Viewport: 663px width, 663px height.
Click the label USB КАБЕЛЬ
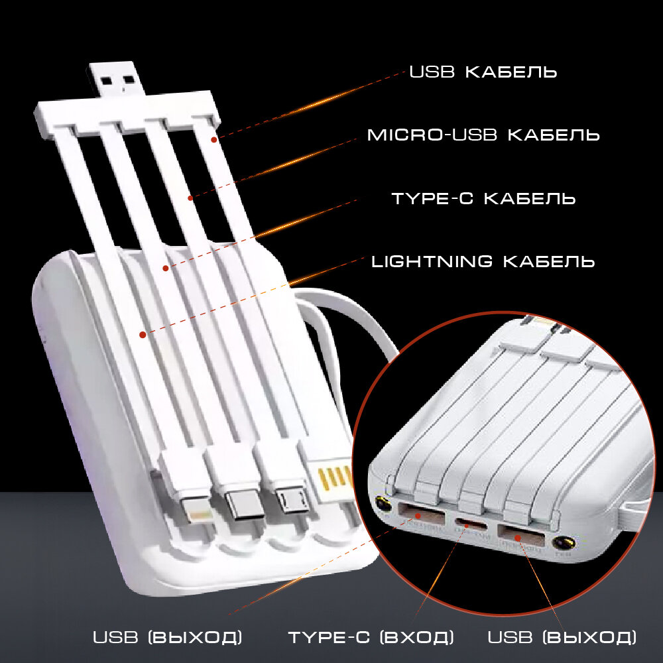tap(483, 72)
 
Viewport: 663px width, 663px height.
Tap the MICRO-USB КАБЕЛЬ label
tap(483, 135)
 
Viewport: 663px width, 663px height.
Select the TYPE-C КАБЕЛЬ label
tap(483, 198)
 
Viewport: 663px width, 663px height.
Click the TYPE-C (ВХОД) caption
tap(371, 638)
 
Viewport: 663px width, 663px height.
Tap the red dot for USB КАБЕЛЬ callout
tap(214, 139)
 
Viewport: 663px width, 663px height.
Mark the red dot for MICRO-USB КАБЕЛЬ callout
tap(190, 198)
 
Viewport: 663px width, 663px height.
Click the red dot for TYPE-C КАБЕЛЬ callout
tap(166, 269)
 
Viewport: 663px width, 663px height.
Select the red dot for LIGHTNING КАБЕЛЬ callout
tap(143, 335)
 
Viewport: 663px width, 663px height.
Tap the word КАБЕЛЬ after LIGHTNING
tap(549, 261)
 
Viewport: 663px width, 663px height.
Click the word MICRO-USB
tap(433, 135)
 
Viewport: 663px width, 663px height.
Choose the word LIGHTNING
tap(432, 261)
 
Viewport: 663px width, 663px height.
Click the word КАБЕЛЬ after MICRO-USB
tap(554, 135)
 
